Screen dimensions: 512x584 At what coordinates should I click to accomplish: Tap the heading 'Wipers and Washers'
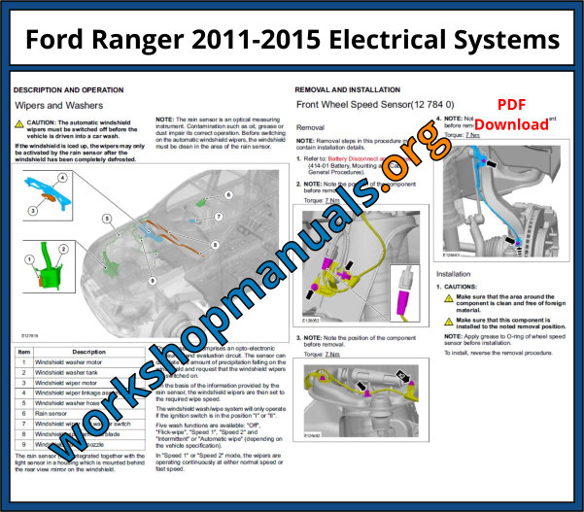point(59,104)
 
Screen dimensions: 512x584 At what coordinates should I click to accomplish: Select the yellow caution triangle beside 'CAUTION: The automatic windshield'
point(19,124)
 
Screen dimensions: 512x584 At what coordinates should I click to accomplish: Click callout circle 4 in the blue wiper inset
point(61,178)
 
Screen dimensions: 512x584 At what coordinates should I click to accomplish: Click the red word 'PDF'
point(512,105)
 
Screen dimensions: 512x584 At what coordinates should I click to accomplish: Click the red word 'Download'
point(511,124)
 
